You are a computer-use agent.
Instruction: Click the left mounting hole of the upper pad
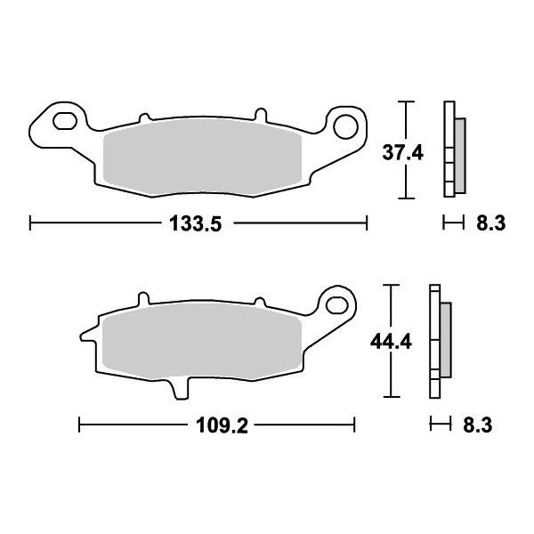point(64,121)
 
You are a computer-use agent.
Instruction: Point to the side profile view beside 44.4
point(439,342)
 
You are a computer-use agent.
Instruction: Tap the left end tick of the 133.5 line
point(30,222)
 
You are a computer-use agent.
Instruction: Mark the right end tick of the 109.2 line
point(355,425)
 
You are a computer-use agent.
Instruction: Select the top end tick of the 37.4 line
point(407,103)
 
